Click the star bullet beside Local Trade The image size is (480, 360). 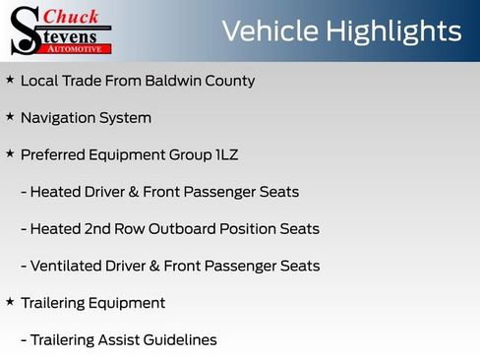click(10, 80)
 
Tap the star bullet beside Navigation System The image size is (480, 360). click(10, 117)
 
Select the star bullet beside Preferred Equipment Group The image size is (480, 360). click(10, 154)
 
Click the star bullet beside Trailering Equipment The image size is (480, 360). click(10, 302)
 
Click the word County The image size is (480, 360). click(232, 81)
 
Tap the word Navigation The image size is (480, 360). click(59, 118)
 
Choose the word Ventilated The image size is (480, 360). click(68, 266)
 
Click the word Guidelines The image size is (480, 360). click(182, 340)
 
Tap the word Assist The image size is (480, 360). click(120, 339)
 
